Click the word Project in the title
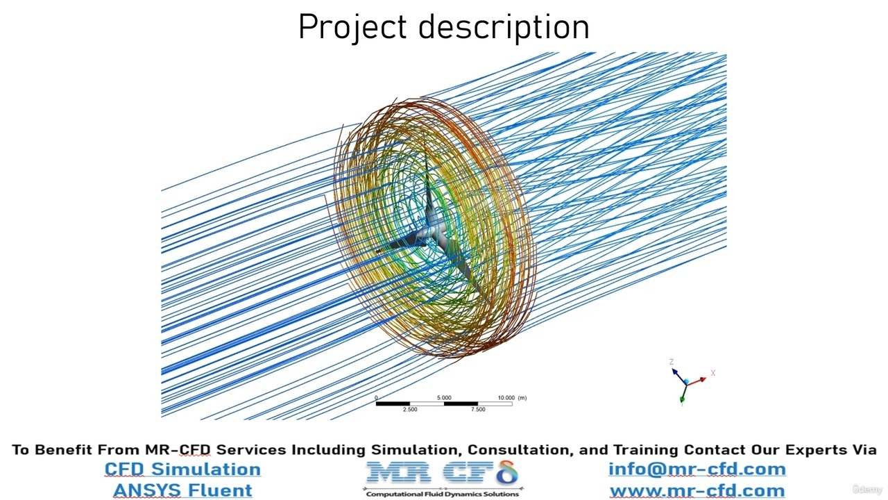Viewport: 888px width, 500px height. coord(352,27)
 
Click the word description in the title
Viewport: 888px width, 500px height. coord(504,27)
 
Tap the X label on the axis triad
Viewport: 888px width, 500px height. coord(712,373)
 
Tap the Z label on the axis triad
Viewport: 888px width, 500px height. coord(672,362)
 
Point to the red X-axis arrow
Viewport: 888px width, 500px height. coord(697,381)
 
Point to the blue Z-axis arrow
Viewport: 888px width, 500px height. coord(679,376)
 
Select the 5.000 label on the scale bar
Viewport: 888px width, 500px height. coord(444,398)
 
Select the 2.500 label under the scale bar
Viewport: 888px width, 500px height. coord(410,410)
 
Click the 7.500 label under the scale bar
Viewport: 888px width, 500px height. coord(478,410)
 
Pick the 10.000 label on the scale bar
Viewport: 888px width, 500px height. coord(506,398)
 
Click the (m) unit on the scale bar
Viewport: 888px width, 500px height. coord(522,398)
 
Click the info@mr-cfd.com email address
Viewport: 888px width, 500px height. coord(697,469)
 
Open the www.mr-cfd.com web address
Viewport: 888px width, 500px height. coord(697,491)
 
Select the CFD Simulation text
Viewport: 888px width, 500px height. coord(182,469)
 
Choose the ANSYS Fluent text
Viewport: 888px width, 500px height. coord(182,490)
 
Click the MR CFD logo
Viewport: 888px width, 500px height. coord(443,473)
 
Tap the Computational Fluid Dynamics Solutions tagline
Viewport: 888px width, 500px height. coord(443,494)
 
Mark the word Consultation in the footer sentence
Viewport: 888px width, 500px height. coord(521,449)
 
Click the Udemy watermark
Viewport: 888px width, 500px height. coord(867,489)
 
